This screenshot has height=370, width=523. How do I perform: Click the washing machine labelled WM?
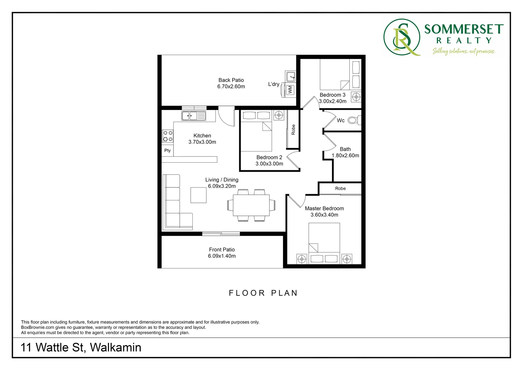point(290,90)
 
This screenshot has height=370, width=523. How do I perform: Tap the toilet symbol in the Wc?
point(353,120)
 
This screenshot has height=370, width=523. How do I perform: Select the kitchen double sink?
point(193,116)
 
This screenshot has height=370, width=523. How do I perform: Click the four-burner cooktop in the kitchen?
point(168,136)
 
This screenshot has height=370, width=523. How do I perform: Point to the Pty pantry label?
point(167,150)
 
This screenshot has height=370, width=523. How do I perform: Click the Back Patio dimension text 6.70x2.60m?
point(231,87)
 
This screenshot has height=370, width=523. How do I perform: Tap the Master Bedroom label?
point(324,208)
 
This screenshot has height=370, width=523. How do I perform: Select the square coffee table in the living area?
point(199,195)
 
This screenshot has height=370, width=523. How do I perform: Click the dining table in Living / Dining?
point(251,205)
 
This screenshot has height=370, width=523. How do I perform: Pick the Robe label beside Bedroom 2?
point(293,129)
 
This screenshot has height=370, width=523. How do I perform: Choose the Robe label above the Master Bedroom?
point(340,188)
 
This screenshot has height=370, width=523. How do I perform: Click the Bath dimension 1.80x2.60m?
point(345,156)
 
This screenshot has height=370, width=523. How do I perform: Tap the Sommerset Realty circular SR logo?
point(402,37)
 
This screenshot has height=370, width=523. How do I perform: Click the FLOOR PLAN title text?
point(263,293)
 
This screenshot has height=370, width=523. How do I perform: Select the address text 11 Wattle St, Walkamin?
point(81,347)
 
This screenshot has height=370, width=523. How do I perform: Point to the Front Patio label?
point(222,249)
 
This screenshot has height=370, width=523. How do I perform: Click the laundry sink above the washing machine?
point(291,76)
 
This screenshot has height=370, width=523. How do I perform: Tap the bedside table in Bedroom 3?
point(356,97)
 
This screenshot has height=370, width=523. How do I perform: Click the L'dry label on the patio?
point(273,84)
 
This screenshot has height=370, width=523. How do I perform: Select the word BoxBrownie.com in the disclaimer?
point(38,327)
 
